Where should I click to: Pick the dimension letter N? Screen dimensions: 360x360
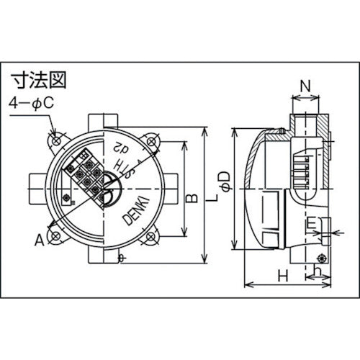coord(305,85)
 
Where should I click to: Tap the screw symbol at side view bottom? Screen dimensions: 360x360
coord(323,258)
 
